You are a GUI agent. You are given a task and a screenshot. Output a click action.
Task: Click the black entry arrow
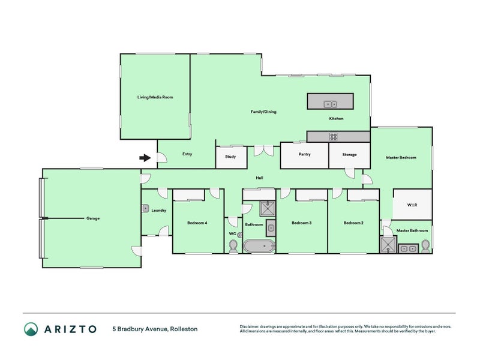145,158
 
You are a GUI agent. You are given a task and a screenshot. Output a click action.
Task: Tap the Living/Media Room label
155,97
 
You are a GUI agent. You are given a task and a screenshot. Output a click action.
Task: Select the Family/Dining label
263,112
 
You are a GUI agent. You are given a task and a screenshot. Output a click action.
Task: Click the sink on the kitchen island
331,104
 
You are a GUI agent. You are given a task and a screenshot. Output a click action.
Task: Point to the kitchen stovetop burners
334,137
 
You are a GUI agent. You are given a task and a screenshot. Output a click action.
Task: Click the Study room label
230,157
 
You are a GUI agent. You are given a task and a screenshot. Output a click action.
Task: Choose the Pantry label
305,154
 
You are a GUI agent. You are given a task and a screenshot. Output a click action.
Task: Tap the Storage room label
349,155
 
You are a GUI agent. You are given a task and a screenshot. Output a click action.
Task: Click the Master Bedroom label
401,158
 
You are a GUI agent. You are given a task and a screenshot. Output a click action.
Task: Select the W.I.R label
412,205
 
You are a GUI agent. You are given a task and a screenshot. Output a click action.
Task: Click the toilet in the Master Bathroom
425,247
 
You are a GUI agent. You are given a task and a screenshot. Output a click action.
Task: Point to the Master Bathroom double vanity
409,248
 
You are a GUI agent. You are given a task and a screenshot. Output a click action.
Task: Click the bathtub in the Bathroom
259,246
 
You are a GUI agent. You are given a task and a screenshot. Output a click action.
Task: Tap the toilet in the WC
233,246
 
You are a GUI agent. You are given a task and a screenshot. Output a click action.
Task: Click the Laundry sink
145,208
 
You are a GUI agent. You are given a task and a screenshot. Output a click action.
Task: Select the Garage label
93,218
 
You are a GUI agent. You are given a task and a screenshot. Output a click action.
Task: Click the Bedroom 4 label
197,223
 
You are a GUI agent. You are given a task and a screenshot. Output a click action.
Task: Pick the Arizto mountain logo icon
31,329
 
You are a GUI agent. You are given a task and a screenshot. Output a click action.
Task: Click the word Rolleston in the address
184,329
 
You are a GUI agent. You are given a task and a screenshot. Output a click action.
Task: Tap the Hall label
259,178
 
